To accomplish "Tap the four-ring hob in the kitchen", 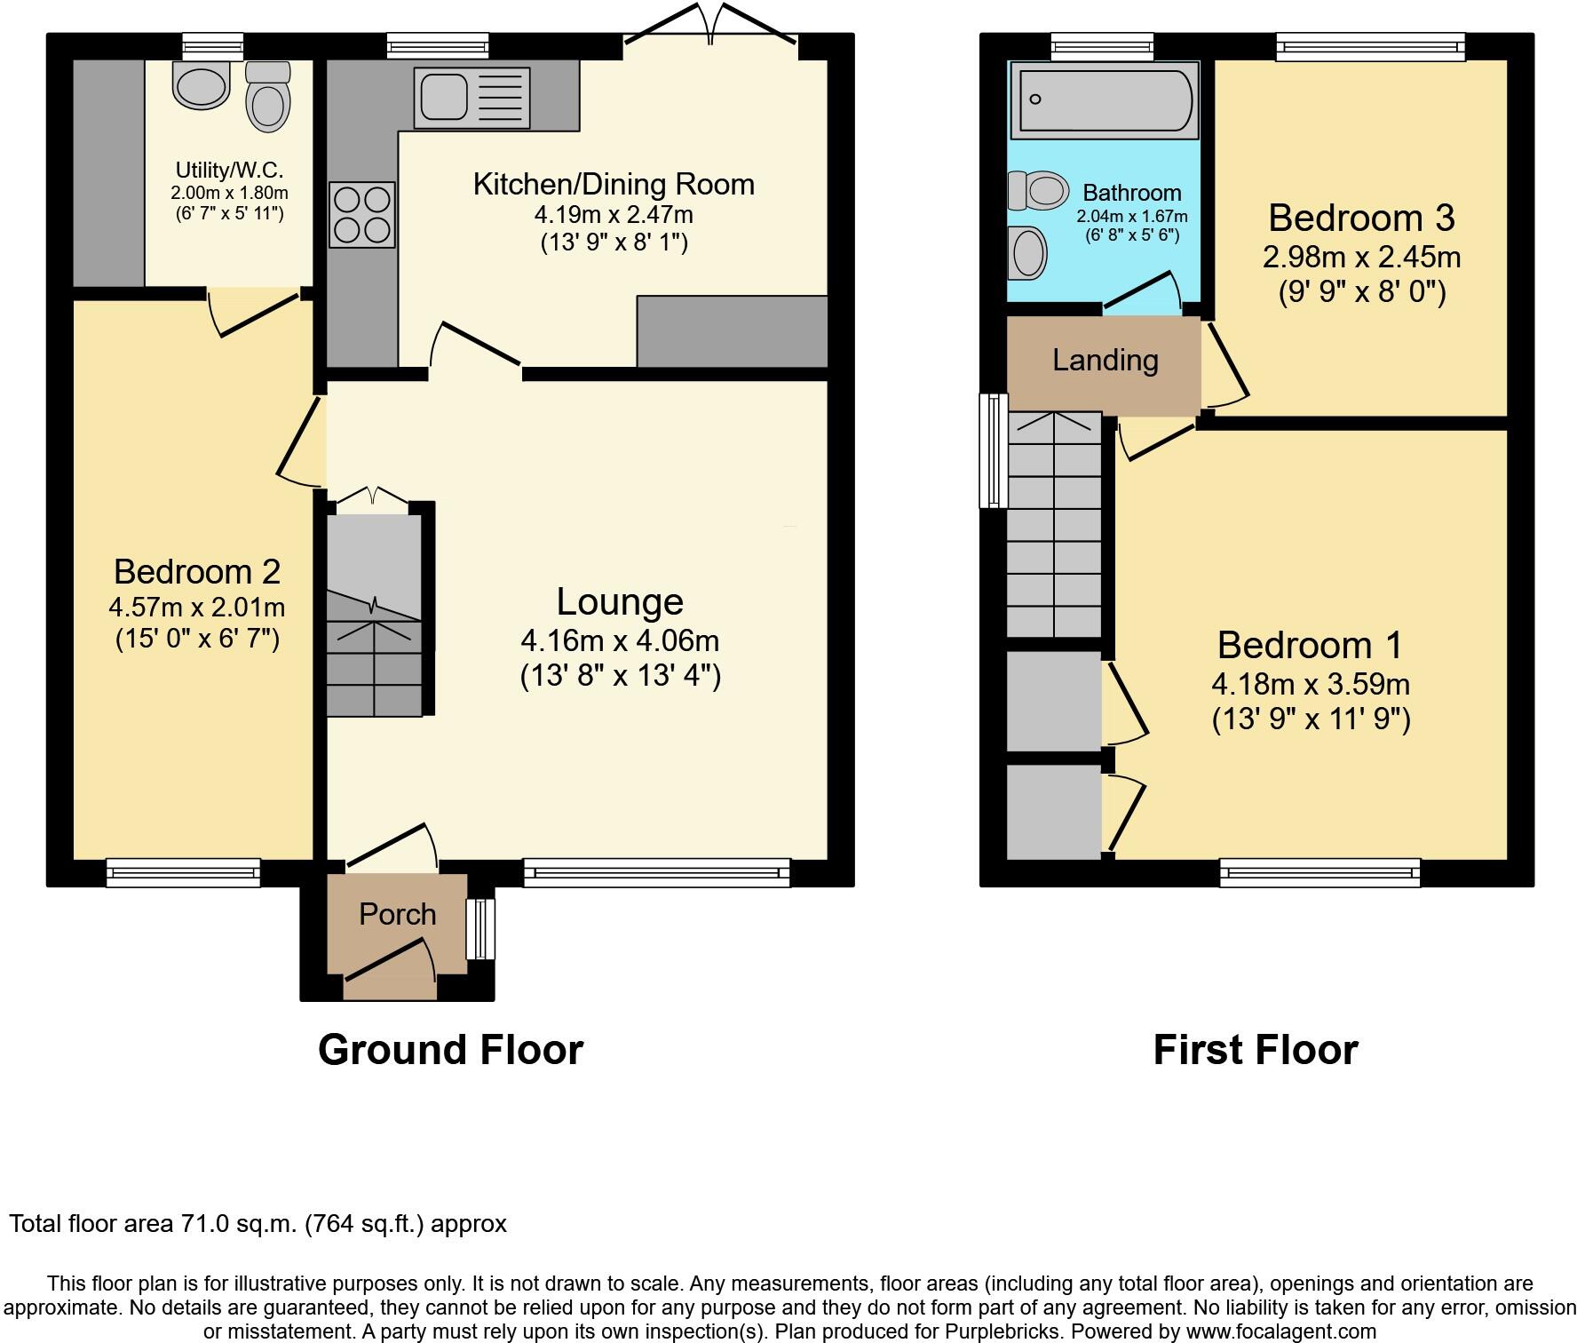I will click(362, 214).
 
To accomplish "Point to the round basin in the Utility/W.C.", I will click(202, 86).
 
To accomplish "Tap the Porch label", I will click(397, 914).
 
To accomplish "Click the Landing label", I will click(1105, 360).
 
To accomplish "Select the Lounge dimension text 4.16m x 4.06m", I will click(620, 640).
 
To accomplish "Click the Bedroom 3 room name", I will click(1361, 218).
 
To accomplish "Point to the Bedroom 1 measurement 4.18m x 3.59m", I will click(1311, 684).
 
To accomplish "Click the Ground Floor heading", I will click(450, 1050).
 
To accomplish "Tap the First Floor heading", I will click(1255, 1050).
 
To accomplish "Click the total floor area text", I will click(258, 1224).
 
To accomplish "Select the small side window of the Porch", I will click(480, 928).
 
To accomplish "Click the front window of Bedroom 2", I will click(183, 872).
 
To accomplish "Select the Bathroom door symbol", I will click(1144, 290).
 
